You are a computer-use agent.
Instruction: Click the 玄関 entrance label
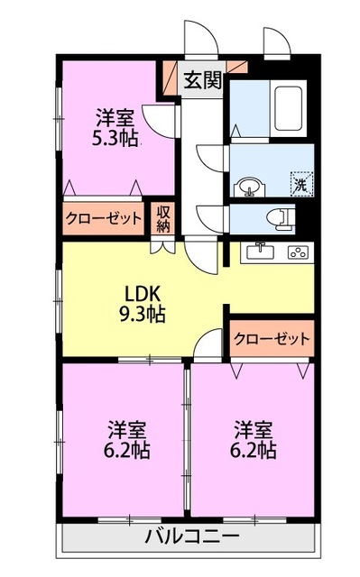click(203, 80)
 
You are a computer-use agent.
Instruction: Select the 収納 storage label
click(163, 217)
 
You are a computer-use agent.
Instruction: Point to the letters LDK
click(143, 294)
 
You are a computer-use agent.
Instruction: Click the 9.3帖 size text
click(143, 314)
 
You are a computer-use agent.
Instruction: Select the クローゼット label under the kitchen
click(271, 338)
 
